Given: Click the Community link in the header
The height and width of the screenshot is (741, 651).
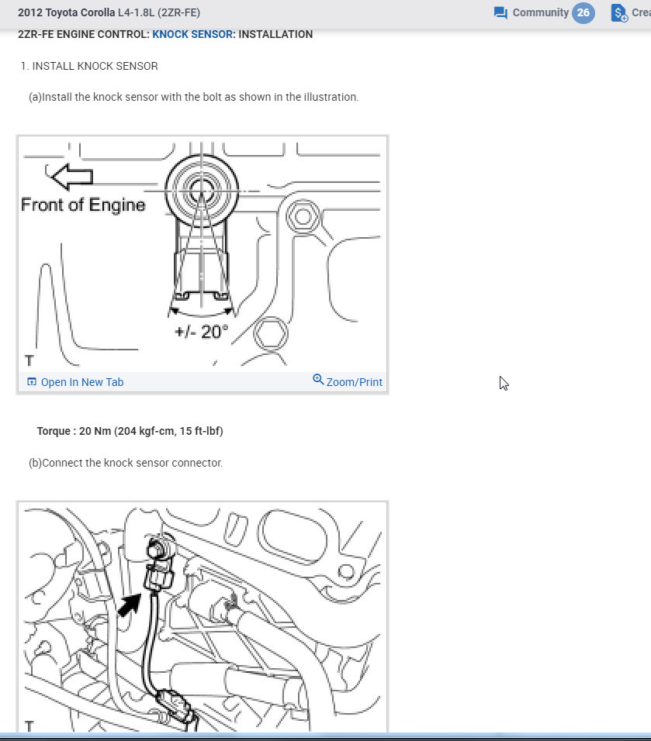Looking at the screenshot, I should [540, 12].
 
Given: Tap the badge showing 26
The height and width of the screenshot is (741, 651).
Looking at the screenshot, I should [583, 13].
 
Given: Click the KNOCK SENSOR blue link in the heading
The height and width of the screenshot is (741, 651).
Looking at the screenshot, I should [192, 34].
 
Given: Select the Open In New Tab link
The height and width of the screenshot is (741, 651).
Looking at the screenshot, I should [81, 382].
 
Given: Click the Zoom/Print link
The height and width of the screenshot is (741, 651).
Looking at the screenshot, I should [354, 382].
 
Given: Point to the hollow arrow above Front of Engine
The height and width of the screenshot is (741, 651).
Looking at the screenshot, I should [72, 176].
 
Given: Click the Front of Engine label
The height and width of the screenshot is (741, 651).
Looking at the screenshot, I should [83, 205].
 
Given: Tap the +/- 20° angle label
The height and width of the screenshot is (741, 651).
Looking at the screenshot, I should [202, 331].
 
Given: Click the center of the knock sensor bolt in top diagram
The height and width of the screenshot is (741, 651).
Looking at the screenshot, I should [201, 187].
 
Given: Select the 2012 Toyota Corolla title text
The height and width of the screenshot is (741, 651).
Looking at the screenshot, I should [65, 13].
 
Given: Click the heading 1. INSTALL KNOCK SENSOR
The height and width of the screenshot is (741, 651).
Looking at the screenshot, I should [89, 67].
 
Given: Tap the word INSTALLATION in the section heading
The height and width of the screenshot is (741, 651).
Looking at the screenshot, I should [275, 34].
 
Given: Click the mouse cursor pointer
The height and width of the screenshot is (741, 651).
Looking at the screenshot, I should [504, 383].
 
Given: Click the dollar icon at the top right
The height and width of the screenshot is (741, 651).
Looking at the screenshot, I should [618, 13].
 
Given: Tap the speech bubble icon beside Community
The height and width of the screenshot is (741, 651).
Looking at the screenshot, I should [500, 13].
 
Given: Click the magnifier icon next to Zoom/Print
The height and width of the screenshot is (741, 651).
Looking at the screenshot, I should [317, 380].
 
